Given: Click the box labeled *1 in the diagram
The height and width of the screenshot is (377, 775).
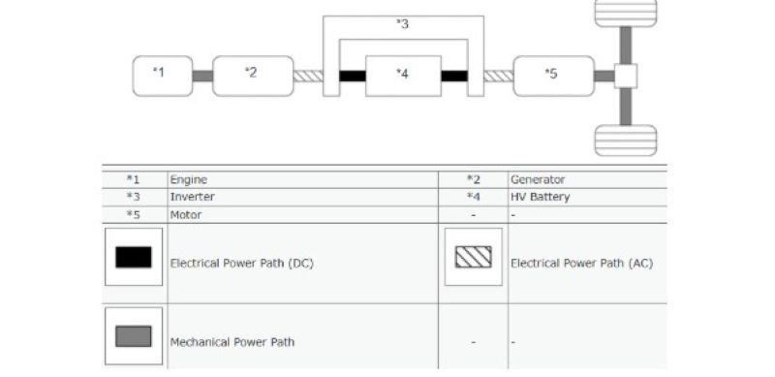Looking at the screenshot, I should pyautogui.click(x=162, y=76).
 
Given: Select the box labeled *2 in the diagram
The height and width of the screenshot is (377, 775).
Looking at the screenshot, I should pyautogui.click(x=252, y=76).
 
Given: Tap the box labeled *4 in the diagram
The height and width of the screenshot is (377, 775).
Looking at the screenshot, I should pyautogui.click(x=403, y=76).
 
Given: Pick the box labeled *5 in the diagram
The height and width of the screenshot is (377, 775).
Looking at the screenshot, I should pyautogui.click(x=553, y=76).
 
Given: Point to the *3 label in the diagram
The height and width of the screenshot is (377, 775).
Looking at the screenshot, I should pyautogui.click(x=402, y=24).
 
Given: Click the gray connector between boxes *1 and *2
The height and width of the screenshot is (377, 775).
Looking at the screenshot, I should pyautogui.click(x=201, y=76).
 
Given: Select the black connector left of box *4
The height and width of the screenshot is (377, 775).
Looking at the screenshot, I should pyautogui.click(x=352, y=76).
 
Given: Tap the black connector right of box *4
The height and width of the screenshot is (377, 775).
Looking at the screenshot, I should pyautogui.click(x=454, y=76).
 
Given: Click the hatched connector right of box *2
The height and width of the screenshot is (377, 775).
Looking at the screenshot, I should pyautogui.click(x=307, y=76).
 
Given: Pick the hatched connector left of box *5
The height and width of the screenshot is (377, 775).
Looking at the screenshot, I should pyautogui.click(x=498, y=76).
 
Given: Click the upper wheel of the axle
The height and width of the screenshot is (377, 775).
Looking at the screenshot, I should pyautogui.click(x=625, y=13).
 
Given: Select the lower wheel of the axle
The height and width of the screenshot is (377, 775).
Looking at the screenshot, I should pyautogui.click(x=625, y=140).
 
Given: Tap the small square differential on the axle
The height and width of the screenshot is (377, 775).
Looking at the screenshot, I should pyautogui.click(x=625, y=76).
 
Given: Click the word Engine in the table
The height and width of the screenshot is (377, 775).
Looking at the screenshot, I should pyautogui.click(x=189, y=179).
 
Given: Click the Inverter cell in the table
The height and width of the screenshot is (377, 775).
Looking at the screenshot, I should pyautogui.click(x=191, y=197).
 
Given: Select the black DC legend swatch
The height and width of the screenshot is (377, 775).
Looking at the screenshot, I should pyautogui.click(x=133, y=257).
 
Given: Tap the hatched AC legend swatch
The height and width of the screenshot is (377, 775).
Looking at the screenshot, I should pyautogui.click(x=473, y=257).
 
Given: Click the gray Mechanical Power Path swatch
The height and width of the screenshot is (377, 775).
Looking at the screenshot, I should pyautogui.click(x=133, y=336).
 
